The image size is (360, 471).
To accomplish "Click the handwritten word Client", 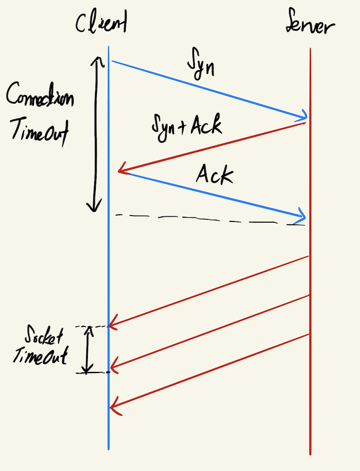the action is tap(101, 23).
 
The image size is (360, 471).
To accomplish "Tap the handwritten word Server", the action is tap(310, 26).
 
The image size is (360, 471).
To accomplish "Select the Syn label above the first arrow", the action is tap(201, 65).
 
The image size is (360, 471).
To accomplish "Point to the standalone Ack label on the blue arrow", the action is tap(214, 175).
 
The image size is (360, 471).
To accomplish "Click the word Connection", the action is tap(40, 97).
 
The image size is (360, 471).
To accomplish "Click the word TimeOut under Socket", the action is tap(40, 356).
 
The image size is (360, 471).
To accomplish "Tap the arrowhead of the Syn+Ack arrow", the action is tap(121, 170).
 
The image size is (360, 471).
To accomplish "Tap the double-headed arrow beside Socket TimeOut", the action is tap(87, 350).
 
